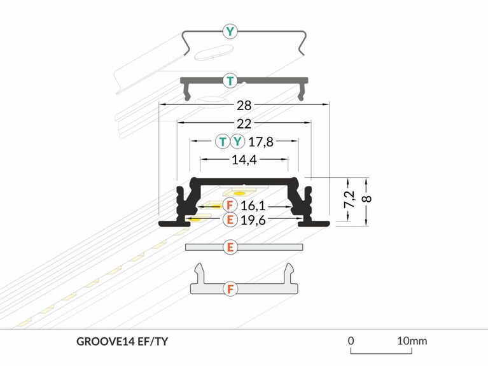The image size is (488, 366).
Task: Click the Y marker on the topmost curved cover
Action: click(x=230, y=31)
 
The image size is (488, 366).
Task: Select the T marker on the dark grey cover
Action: click(x=230, y=80)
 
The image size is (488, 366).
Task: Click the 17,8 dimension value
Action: click(x=260, y=142)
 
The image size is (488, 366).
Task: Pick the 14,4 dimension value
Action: click(x=244, y=160)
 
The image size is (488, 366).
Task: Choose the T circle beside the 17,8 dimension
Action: click(x=222, y=142)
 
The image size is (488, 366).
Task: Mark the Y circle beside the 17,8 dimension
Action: click(x=237, y=142)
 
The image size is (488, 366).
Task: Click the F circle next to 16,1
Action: click(x=230, y=206)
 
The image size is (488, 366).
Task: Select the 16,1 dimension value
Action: click(x=253, y=206)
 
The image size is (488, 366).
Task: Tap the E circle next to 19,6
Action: click(x=230, y=220)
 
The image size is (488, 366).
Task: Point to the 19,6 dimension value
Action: click(x=253, y=220)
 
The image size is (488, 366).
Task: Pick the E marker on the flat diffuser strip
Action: click(x=230, y=247)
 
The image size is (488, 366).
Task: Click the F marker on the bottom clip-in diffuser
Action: click(x=230, y=289)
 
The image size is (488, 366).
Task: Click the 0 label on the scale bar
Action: click(x=351, y=341)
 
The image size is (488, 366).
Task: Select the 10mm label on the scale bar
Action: click(x=412, y=341)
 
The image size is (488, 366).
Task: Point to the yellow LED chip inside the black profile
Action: click(x=239, y=192)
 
